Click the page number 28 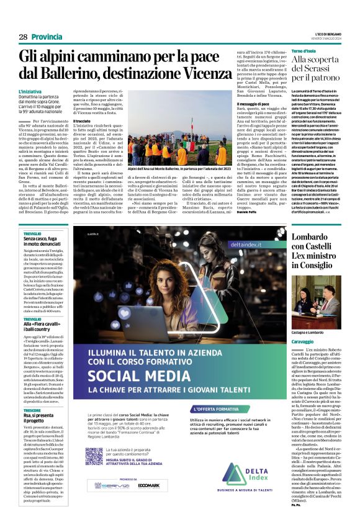(23, 37)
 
